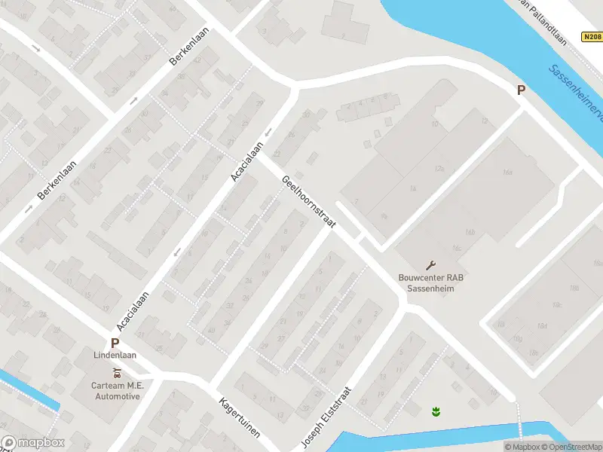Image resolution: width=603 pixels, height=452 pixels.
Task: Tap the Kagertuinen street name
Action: tap(240, 419)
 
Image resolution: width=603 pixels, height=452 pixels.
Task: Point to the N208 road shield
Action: tap(592, 36)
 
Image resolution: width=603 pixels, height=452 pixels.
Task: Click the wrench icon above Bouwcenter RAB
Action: tap(431, 264)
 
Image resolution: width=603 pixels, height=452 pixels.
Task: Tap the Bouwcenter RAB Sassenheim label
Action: tap(431, 282)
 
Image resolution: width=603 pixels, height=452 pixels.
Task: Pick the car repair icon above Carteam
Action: tap(117, 373)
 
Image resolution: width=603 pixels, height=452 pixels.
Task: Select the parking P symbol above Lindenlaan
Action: tap(115, 342)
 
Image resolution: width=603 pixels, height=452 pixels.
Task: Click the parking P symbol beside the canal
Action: tap(520, 90)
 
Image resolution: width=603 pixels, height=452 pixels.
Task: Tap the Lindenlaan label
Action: tap(115, 355)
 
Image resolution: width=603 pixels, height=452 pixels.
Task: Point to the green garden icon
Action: tap(435, 411)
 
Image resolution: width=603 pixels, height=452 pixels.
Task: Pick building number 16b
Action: tap(471, 232)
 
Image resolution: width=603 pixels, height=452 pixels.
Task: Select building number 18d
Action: tap(541, 325)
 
